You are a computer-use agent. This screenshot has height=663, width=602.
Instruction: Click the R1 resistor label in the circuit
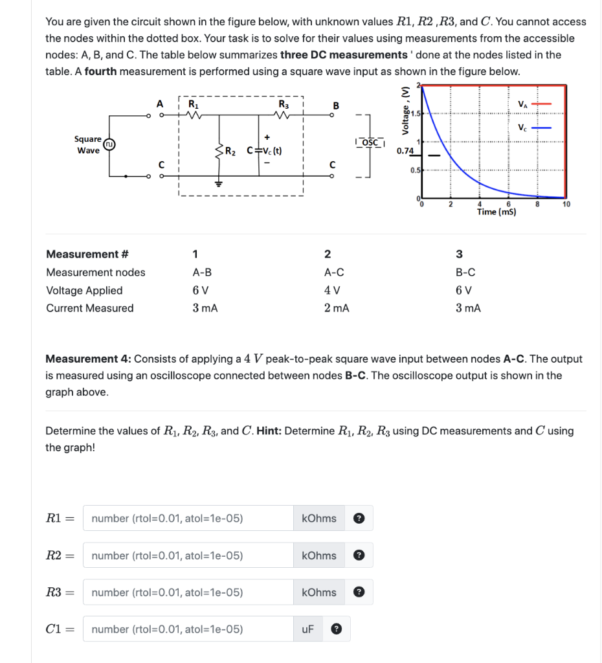pos(193,104)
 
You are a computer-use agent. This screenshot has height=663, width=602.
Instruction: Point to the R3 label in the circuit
pos(283,104)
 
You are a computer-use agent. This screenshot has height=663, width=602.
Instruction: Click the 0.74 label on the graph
pos(405,151)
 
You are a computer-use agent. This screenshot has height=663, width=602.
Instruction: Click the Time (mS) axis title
pos(496,212)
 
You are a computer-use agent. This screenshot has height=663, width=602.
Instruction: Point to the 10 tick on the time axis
pos(566,205)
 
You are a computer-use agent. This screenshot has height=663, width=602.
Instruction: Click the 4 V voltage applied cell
pos(332,290)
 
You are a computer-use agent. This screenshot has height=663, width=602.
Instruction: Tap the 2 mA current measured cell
pos(337,308)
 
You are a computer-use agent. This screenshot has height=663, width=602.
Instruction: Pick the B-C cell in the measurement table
pos(465,272)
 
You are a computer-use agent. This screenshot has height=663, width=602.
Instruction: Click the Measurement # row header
pos(82,254)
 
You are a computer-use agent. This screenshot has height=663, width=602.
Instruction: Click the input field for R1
pos(188,518)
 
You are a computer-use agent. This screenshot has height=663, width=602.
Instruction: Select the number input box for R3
pos(188,592)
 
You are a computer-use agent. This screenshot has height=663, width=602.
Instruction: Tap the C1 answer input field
pos(188,629)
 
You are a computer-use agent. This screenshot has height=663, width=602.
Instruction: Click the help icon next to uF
pos(335,629)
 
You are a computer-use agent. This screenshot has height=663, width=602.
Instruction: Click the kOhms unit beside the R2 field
pos(319,555)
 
